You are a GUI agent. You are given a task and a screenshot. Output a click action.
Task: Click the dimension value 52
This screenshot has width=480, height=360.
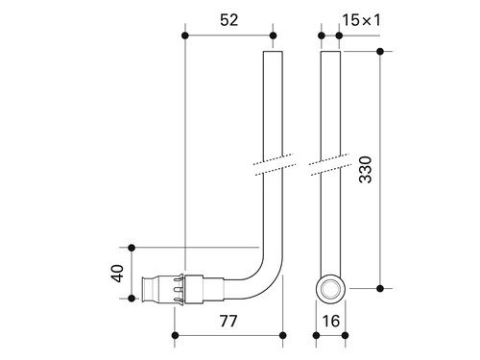coord(229,20)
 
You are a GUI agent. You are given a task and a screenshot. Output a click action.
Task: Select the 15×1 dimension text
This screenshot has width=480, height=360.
coord(362,20)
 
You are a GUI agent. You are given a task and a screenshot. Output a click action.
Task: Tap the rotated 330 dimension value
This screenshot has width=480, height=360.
coord(366,170)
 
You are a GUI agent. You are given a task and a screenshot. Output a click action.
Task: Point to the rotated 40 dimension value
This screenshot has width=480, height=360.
coord(117,273)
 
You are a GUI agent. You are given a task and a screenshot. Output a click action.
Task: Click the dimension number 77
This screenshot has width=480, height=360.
coord(228,321)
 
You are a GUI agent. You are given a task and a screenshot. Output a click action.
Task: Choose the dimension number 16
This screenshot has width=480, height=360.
coord(331,321)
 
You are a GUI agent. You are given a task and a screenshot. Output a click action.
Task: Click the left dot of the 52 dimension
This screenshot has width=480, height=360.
coord(184,36)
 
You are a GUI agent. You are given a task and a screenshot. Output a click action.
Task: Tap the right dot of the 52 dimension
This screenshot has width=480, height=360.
coord(273,36)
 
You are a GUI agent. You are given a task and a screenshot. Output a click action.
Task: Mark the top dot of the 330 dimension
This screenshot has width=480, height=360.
coord(380,51)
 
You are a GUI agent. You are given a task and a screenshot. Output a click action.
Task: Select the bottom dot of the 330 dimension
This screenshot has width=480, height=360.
coord(380,289)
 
